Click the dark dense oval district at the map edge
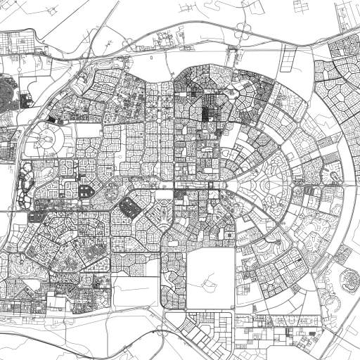point(7,91)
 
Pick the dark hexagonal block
point(129,206)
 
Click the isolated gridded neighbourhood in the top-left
point(21,42)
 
